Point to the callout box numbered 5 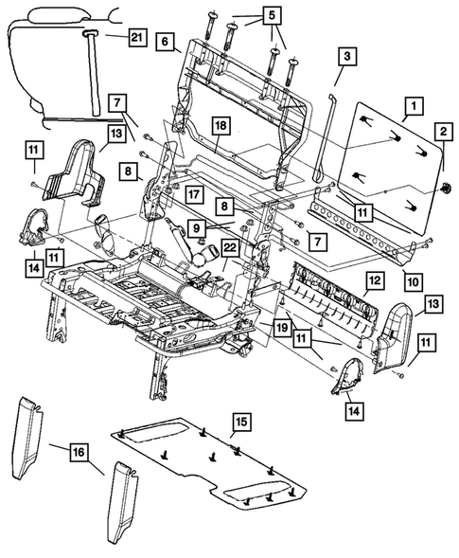(x=272, y=16)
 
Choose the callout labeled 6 (x=165, y=42)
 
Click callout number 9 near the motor (x=194, y=226)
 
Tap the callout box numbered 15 (x=240, y=419)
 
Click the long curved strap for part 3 (x=322, y=142)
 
